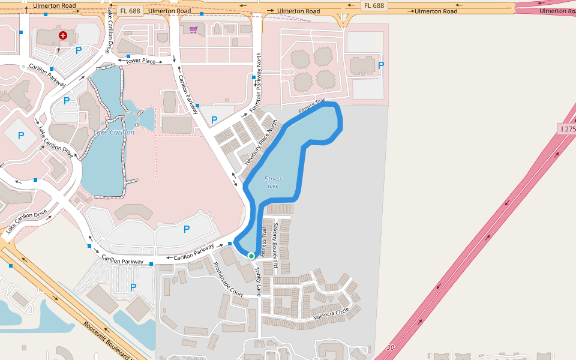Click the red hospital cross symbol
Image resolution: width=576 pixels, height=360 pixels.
(62, 36)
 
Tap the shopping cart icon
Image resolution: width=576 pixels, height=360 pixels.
(193, 29)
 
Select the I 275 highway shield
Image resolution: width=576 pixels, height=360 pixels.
(567, 129)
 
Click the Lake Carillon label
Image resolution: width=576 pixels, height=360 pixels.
(114, 132)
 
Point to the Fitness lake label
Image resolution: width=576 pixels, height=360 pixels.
(273, 182)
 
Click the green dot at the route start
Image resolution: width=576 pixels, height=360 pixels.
(251, 256)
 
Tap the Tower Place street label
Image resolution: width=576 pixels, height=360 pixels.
(140, 61)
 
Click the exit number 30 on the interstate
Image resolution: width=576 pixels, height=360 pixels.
(391, 348)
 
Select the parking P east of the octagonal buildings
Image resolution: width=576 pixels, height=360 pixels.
(381, 65)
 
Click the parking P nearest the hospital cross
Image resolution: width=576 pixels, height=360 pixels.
(78, 51)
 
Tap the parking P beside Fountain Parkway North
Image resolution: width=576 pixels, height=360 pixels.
(214, 119)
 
